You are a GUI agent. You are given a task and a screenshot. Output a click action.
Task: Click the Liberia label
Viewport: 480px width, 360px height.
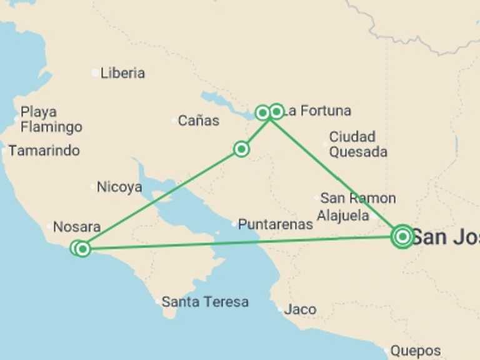tap(122, 73)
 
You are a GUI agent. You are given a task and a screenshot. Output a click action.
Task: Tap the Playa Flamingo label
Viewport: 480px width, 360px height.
tap(51, 119)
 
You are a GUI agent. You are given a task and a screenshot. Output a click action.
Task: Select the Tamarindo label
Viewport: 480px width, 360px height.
tap(44, 151)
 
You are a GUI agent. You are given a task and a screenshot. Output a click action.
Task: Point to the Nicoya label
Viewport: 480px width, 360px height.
tap(119, 187)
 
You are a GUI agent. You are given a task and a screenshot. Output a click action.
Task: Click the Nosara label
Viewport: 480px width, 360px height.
tap(76, 227)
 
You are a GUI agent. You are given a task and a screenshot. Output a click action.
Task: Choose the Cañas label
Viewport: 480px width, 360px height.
tap(198, 121)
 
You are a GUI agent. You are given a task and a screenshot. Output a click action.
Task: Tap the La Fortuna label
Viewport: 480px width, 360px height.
tap(317, 111)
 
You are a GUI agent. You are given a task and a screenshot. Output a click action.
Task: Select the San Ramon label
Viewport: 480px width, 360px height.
tap(357, 198)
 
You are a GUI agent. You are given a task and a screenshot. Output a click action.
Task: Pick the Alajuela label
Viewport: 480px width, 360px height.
tap(342, 216)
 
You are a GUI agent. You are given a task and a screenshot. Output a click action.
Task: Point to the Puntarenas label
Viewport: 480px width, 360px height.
tap(275, 224)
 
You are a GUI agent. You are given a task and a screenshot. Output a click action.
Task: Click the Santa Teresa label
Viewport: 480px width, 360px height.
tap(204, 302)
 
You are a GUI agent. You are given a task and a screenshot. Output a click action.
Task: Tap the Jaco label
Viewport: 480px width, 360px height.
tap(300, 309)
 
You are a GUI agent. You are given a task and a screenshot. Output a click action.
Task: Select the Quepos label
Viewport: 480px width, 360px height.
tap(415, 351)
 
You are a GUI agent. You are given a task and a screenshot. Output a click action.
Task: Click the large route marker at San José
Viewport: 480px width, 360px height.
tap(402, 236)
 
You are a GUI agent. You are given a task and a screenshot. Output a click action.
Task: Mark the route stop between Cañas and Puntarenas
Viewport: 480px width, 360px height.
tap(241, 149)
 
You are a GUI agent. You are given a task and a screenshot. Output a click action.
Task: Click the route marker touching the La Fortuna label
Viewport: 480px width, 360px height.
tap(276, 112)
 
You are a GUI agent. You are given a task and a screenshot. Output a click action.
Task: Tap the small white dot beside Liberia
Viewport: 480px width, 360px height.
tap(95, 73)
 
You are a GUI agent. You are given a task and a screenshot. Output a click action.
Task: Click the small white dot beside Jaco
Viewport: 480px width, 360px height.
tap(279, 309)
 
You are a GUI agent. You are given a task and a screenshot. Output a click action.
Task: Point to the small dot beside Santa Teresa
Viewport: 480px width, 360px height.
tap(157, 302)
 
